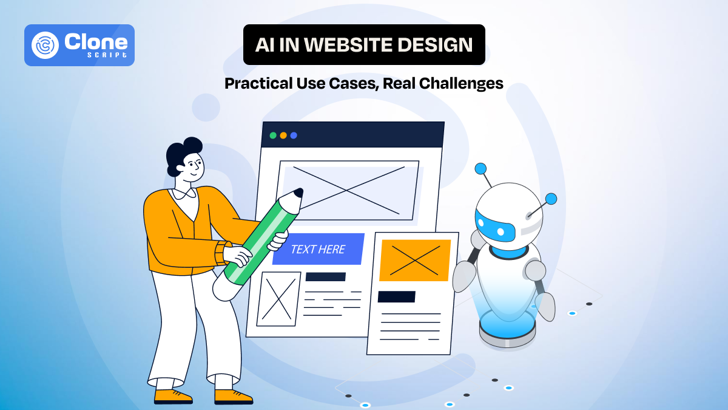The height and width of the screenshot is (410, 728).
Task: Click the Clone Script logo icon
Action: click(x=45, y=46)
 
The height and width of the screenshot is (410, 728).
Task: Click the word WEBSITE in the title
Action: click(x=339, y=45)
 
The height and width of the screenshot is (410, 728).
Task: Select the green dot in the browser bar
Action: click(x=273, y=135)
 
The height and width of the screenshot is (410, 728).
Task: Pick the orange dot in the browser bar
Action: click(x=283, y=135)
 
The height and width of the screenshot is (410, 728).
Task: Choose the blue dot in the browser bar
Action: click(x=294, y=135)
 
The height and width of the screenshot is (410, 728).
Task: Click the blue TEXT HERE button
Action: click(x=318, y=249)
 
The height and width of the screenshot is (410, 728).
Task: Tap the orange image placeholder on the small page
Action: click(x=415, y=260)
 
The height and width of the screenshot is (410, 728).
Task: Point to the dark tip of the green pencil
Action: click(x=297, y=194)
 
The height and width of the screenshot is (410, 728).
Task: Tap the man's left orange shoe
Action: click(x=172, y=396)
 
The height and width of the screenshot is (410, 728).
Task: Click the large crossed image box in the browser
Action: click(x=348, y=189)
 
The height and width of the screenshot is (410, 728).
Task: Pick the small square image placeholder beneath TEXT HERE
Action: click(x=278, y=298)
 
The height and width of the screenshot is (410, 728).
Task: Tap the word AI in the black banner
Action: click(x=265, y=45)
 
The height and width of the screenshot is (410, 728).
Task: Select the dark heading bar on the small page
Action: click(x=396, y=296)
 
